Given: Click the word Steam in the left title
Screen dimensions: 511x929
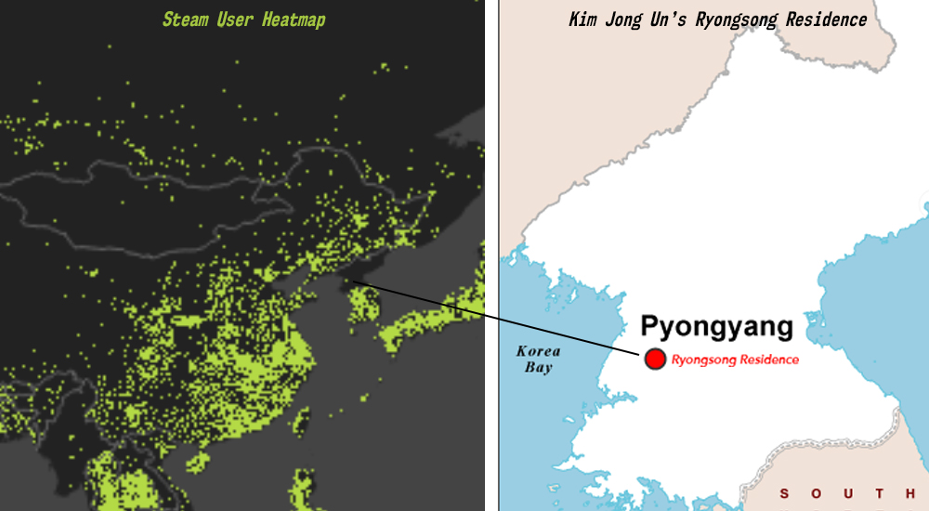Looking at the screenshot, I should (185, 20).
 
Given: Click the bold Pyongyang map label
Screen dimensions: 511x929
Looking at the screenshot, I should (717, 327).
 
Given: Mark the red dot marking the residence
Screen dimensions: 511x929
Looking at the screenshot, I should (655, 359).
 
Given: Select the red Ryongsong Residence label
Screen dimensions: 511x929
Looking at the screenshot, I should (735, 360).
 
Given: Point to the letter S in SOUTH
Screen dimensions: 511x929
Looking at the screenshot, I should (786, 493).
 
